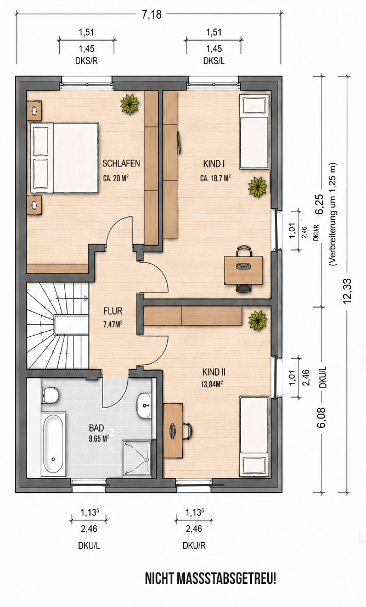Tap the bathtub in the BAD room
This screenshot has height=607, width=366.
pyautogui.click(x=53, y=444)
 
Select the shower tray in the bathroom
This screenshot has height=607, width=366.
pyautogui.click(x=138, y=458)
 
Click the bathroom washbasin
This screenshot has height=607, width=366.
pyautogui.click(x=145, y=405)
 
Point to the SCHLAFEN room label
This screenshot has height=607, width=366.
pyautogui.click(x=121, y=164)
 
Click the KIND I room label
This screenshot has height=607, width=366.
pyautogui.click(x=214, y=164)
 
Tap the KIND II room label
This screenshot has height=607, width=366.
pyautogui.click(x=214, y=372)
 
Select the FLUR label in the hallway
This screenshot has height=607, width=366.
pyautogui.click(x=113, y=311)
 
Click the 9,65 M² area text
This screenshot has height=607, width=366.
pyautogui.click(x=99, y=438)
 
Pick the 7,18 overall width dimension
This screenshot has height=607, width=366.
pyautogui.click(x=151, y=15)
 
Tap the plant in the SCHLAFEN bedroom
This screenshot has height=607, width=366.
pyautogui.click(x=129, y=104)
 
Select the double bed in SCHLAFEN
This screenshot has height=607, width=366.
pyautogui.click(x=64, y=158)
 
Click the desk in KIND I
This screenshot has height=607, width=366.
pyautogui.click(x=244, y=270)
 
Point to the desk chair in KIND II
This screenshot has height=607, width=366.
pyautogui.click(x=187, y=431)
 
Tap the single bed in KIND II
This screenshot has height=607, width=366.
pyautogui.click(x=254, y=436)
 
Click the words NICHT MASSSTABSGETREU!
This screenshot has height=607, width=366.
pyautogui.click(x=211, y=579)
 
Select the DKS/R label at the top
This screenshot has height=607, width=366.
pyautogui.click(x=87, y=61)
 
